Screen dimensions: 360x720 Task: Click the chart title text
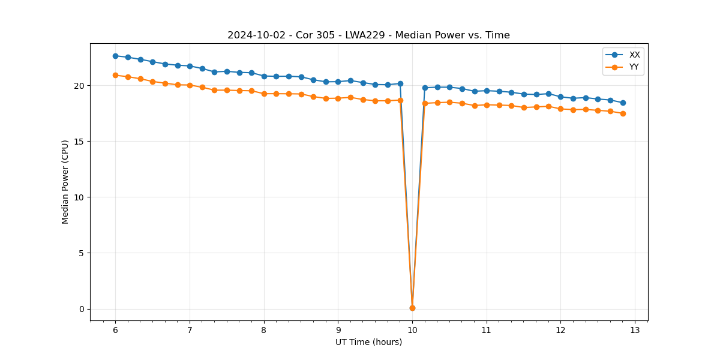pos(368,35)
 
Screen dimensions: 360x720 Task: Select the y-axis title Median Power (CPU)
pos(65,182)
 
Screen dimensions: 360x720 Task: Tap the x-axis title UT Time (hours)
pos(368,342)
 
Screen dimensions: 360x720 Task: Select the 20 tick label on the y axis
pos(79,86)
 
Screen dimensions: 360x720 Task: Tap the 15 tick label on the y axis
pos(79,142)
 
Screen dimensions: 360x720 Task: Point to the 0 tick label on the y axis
pos(81,309)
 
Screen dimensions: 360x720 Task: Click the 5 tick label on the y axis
pos(81,253)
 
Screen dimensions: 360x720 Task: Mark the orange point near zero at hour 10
pos(412,308)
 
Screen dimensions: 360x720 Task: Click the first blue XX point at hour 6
pos(115,56)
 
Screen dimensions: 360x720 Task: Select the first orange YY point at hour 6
pos(115,75)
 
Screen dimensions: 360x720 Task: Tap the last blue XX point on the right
pos(623,103)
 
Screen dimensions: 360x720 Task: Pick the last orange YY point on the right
pos(623,113)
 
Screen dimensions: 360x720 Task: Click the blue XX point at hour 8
pos(264,76)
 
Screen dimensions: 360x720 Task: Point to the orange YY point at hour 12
pos(560,109)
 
